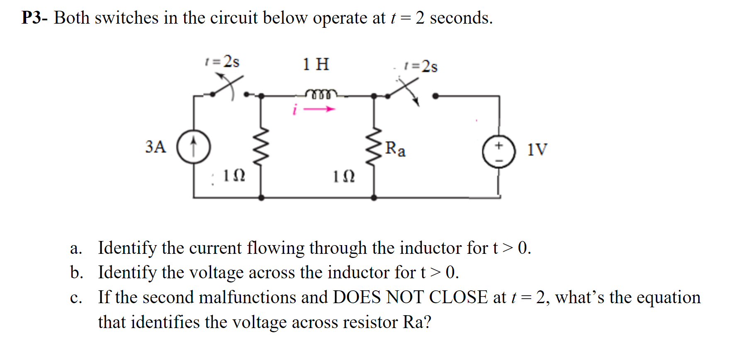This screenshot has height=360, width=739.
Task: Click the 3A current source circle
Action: click(x=194, y=147)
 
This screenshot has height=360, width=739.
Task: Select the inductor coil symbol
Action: click(x=321, y=94)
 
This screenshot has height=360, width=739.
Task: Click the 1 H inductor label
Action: click(x=316, y=64)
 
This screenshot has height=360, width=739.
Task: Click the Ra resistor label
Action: click(x=395, y=148)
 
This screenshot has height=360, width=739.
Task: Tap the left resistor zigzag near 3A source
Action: click(x=261, y=147)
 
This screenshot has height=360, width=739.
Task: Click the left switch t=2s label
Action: click(x=223, y=62)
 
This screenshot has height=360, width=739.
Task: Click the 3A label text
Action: click(x=156, y=147)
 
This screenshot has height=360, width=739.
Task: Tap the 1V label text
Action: click(x=537, y=149)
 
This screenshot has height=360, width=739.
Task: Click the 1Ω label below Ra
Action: click(x=344, y=177)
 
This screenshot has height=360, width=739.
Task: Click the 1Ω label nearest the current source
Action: click(x=234, y=175)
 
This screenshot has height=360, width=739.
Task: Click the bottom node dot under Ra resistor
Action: click(x=374, y=198)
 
